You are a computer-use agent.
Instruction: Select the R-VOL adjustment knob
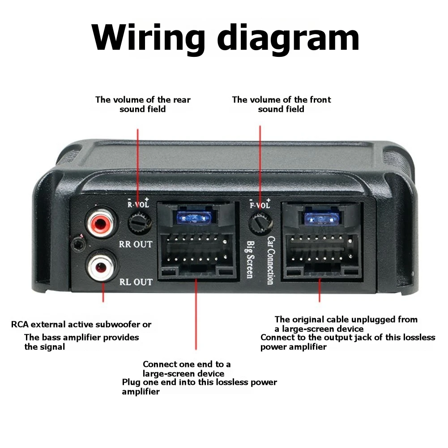(139, 221)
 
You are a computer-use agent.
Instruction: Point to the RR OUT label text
(136, 244)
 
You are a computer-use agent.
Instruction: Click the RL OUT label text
(136, 282)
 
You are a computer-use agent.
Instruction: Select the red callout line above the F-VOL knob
(260, 161)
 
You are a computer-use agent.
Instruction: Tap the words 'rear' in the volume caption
(180, 99)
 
